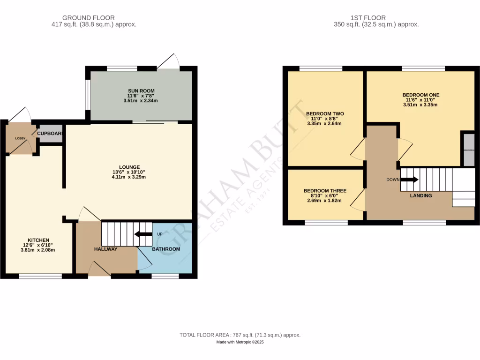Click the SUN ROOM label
[x=141, y=91]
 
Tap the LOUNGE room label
[x=129, y=167]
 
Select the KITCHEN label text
[x=38, y=240]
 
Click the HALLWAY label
[x=105, y=249]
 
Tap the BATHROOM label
[x=166, y=249]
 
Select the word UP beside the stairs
[x=159, y=234]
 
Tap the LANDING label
[x=421, y=195]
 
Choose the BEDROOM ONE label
[x=420, y=95]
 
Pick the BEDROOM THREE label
[x=325, y=191]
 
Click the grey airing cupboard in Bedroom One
[x=468, y=150]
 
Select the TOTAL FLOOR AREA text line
[x=240, y=335]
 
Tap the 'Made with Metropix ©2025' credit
[x=240, y=343]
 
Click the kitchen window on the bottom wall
[x=40, y=276]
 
